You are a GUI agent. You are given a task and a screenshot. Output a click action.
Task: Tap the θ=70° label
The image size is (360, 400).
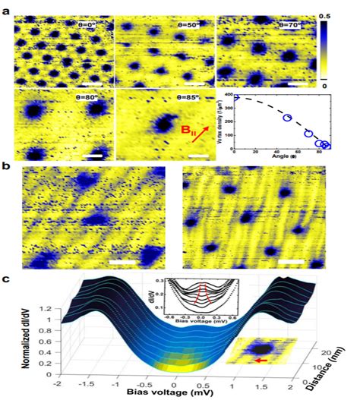pyautogui.click(x=289, y=25)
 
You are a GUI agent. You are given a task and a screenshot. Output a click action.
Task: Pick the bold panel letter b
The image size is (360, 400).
pyautogui.click(x=7, y=165)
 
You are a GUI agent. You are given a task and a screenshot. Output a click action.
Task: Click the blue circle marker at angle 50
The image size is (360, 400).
pyautogui.click(x=288, y=118)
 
